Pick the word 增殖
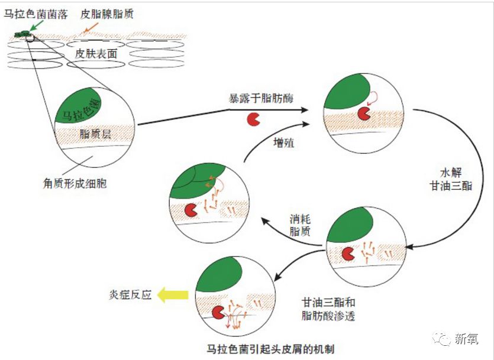click(283, 142)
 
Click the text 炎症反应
click(131, 294)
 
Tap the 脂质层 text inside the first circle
click(95, 135)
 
